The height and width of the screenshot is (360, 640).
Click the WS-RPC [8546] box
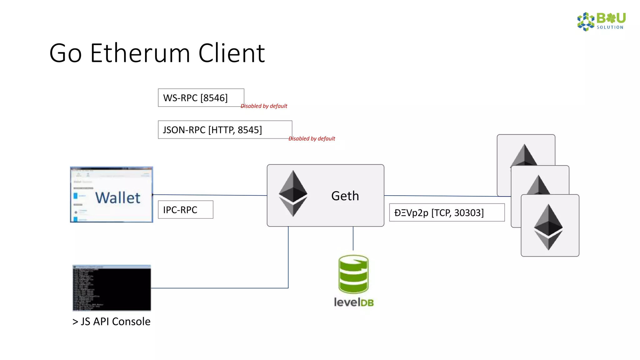tap(201, 98)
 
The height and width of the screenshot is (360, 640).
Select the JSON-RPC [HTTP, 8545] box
tap(225, 130)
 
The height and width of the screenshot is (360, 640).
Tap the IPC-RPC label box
tap(185, 210)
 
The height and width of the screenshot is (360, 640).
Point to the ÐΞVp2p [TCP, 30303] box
tap(447, 213)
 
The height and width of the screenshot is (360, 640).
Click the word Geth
tap(345, 196)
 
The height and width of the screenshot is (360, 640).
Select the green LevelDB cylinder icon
tap(353, 274)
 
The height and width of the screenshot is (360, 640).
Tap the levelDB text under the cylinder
tap(354, 302)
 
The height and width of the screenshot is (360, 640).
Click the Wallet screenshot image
tap(112, 194)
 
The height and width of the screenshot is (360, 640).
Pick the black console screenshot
tap(112, 288)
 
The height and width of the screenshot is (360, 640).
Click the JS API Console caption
tap(112, 322)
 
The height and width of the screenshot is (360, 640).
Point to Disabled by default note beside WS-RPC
tap(264, 106)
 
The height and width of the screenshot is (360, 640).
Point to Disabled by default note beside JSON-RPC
tap(312, 139)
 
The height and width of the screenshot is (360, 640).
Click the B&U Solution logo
tap(601, 21)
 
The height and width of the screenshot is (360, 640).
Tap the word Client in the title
tap(232, 53)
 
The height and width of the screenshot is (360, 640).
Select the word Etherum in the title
tap(140, 53)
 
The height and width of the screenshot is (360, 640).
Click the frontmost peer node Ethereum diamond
tap(548, 227)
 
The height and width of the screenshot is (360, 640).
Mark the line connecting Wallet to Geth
tap(209, 195)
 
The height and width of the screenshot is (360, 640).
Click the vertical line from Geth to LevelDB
tap(353, 238)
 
